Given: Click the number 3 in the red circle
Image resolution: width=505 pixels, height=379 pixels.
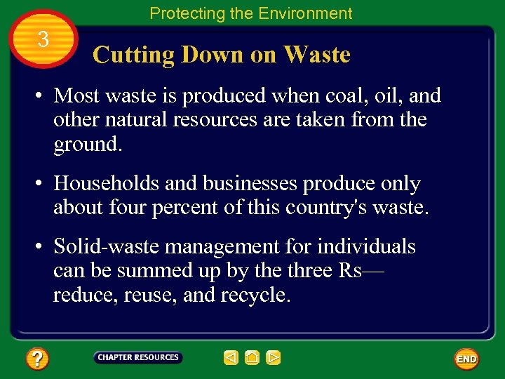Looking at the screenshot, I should pos(43,40).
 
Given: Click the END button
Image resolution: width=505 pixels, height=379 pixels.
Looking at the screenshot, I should pos(466,359).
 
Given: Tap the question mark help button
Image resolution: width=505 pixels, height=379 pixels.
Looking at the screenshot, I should pos(37,359).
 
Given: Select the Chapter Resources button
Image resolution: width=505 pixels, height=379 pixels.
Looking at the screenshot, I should pos(138,357).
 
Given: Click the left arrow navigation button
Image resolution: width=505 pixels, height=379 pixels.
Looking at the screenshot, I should pos(231,358).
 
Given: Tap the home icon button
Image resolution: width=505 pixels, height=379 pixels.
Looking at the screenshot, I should pos(252,358).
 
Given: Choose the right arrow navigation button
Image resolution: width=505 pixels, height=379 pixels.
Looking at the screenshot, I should pos(274,358).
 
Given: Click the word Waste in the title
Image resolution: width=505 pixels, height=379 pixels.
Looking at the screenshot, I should pos(316,55).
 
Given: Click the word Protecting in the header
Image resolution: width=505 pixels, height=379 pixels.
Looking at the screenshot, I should pos(184,13).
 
